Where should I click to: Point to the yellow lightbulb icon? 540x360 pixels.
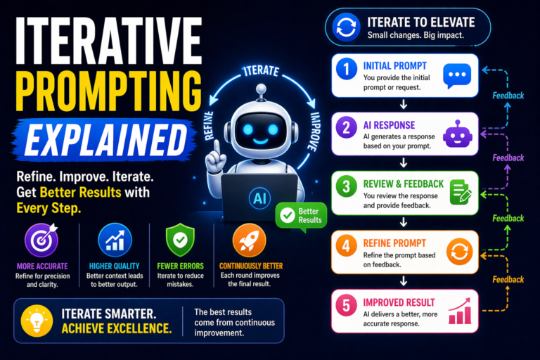[x=36, y=321]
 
